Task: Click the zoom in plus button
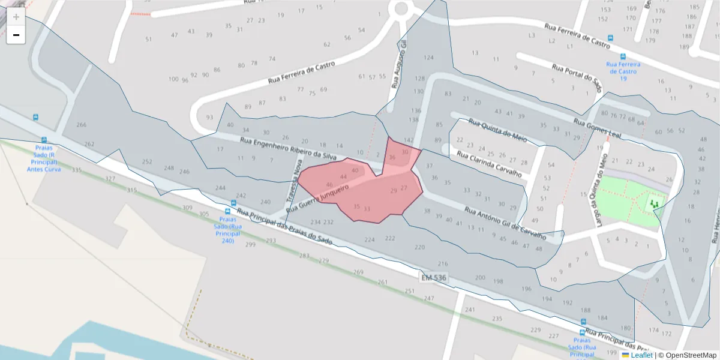[x=16, y=17]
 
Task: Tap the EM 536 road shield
[x=433, y=277]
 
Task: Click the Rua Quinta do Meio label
[x=497, y=130]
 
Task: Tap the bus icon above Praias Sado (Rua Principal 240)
[x=228, y=211]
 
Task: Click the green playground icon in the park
[x=654, y=205]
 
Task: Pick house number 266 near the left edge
[x=82, y=125]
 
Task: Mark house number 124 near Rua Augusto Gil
[x=428, y=58]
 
